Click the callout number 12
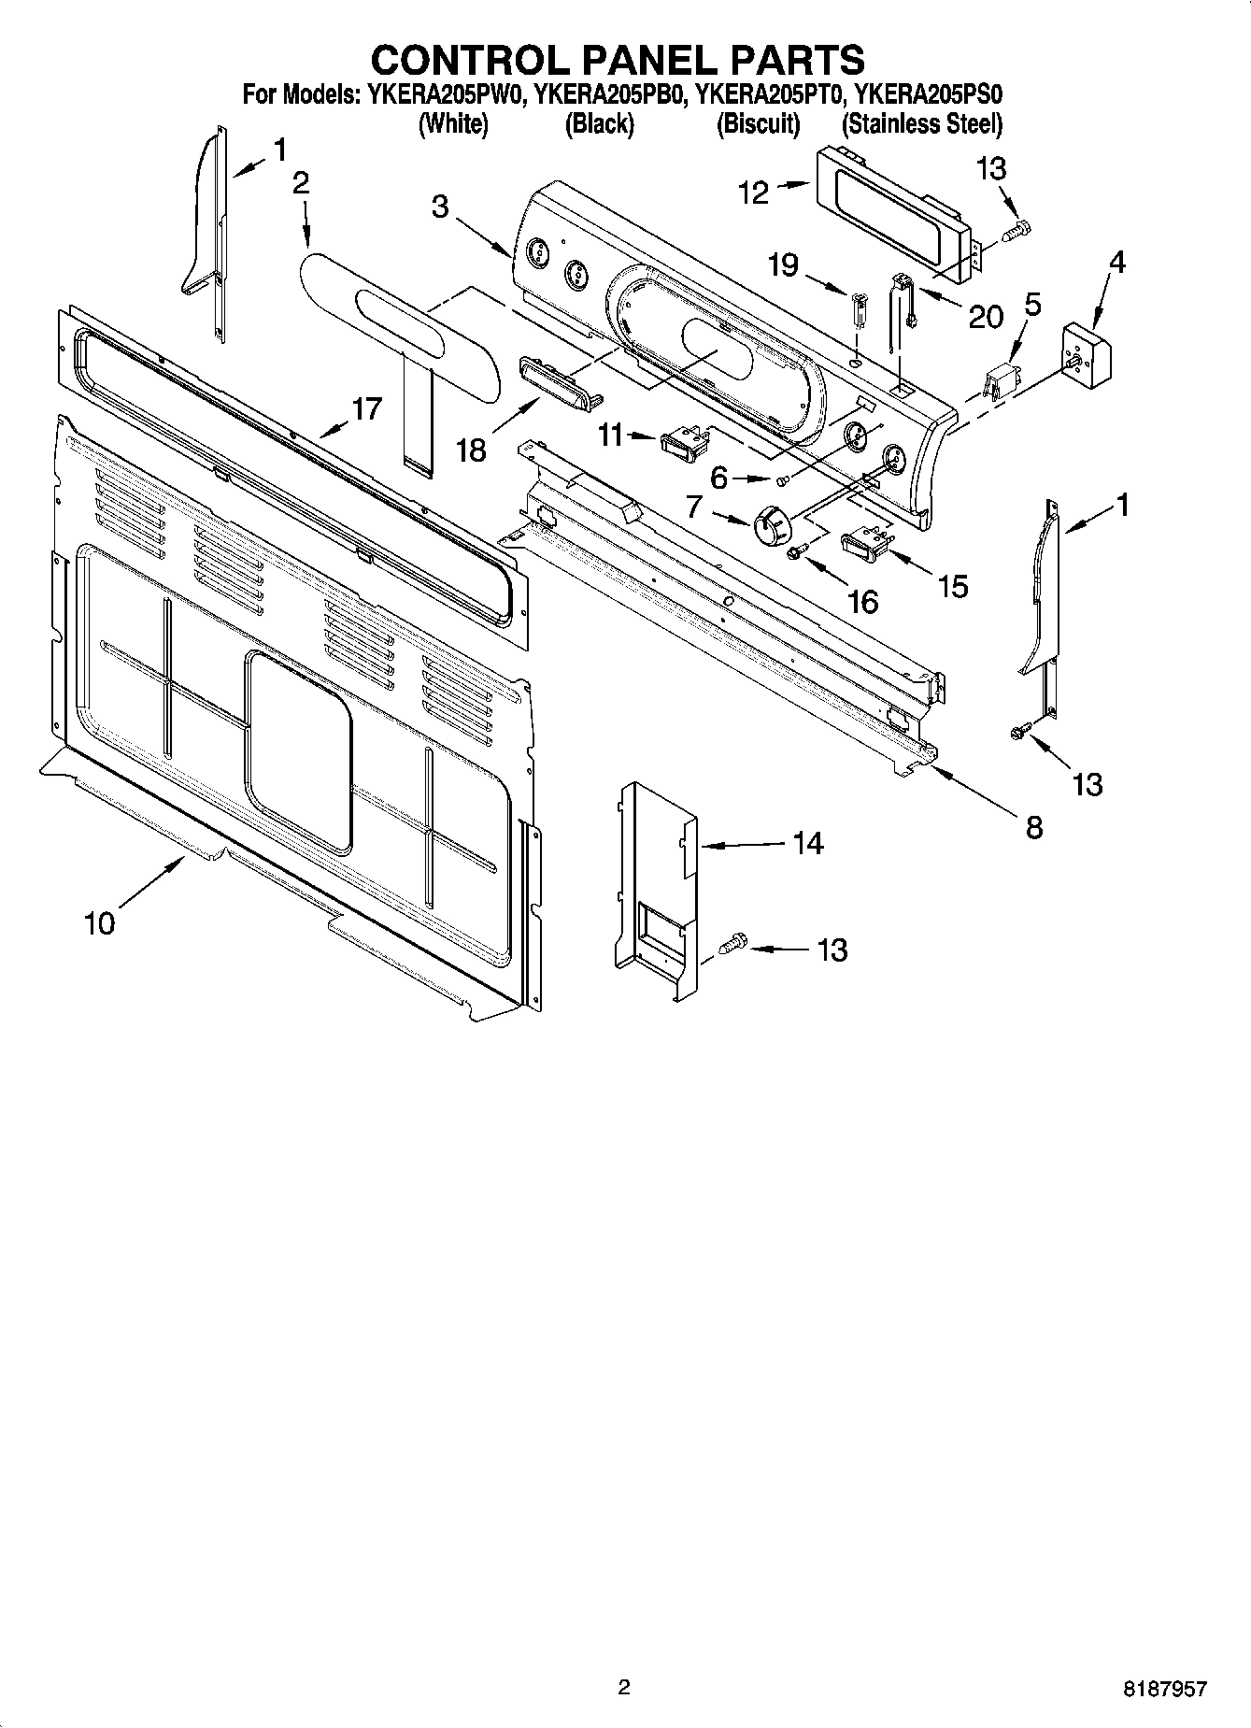tap(753, 193)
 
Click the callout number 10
tap(99, 923)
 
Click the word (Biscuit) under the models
tap(758, 123)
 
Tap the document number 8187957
tap(1164, 1689)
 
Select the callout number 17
tap(367, 408)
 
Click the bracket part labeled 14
tap(660, 888)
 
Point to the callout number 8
tap(1034, 827)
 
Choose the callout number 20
tap(985, 318)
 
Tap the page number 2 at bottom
tap(624, 1688)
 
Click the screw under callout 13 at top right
tap(1017, 228)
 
